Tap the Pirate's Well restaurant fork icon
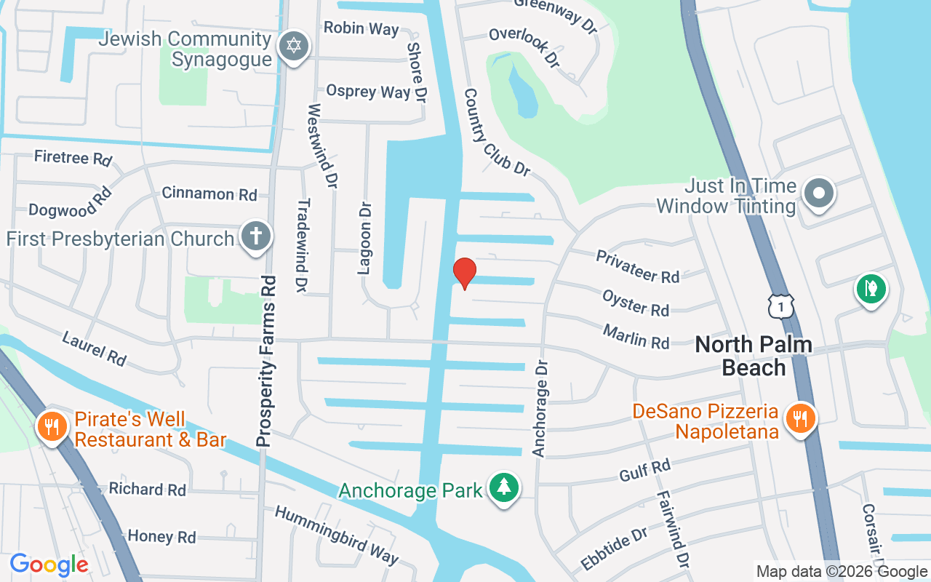[52, 426]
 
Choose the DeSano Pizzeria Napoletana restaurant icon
[800, 418]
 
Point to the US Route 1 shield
[780, 306]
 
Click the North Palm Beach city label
[754, 355]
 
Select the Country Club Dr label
[497, 133]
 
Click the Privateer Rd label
[637, 266]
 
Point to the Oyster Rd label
[635, 303]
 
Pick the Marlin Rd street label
[636, 337]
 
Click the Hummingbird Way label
[336, 535]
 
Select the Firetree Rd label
[73, 157]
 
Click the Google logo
[49, 564]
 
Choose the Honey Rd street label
[161, 537]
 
